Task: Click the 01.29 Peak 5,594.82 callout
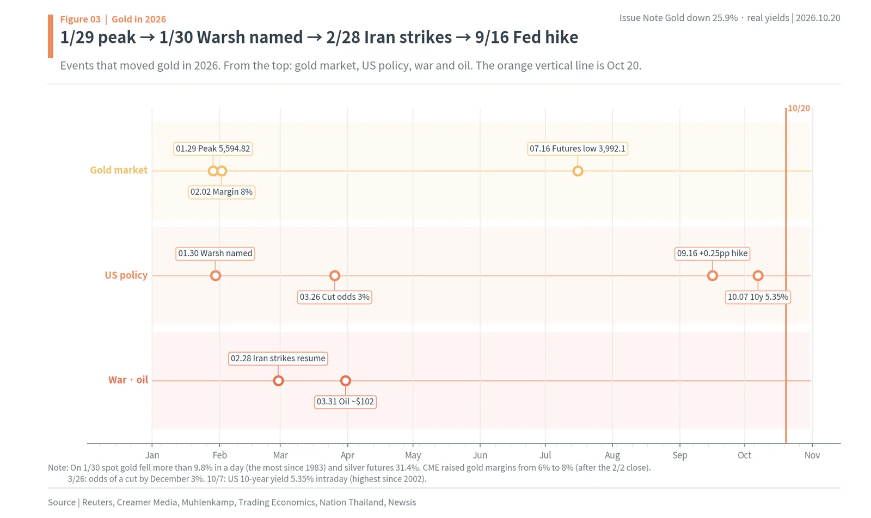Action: (x=213, y=149)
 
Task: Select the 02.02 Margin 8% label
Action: (x=221, y=192)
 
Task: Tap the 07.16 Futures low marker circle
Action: (x=578, y=171)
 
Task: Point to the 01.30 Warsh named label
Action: (x=215, y=254)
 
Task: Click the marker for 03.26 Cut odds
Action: (x=335, y=276)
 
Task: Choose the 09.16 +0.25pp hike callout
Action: (x=712, y=254)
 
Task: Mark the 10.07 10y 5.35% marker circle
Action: (x=758, y=276)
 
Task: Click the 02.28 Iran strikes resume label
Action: (x=278, y=358)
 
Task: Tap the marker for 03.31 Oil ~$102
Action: (x=345, y=381)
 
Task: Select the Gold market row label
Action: (x=119, y=170)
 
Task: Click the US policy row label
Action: (x=126, y=275)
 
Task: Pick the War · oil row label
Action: (x=128, y=380)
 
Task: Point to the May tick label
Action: (x=413, y=455)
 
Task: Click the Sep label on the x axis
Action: (x=680, y=455)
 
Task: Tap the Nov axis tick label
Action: (x=812, y=455)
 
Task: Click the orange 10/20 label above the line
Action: (x=799, y=108)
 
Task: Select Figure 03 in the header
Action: (x=80, y=19)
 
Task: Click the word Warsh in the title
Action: (x=221, y=38)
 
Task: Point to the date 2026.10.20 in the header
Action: (x=818, y=18)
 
